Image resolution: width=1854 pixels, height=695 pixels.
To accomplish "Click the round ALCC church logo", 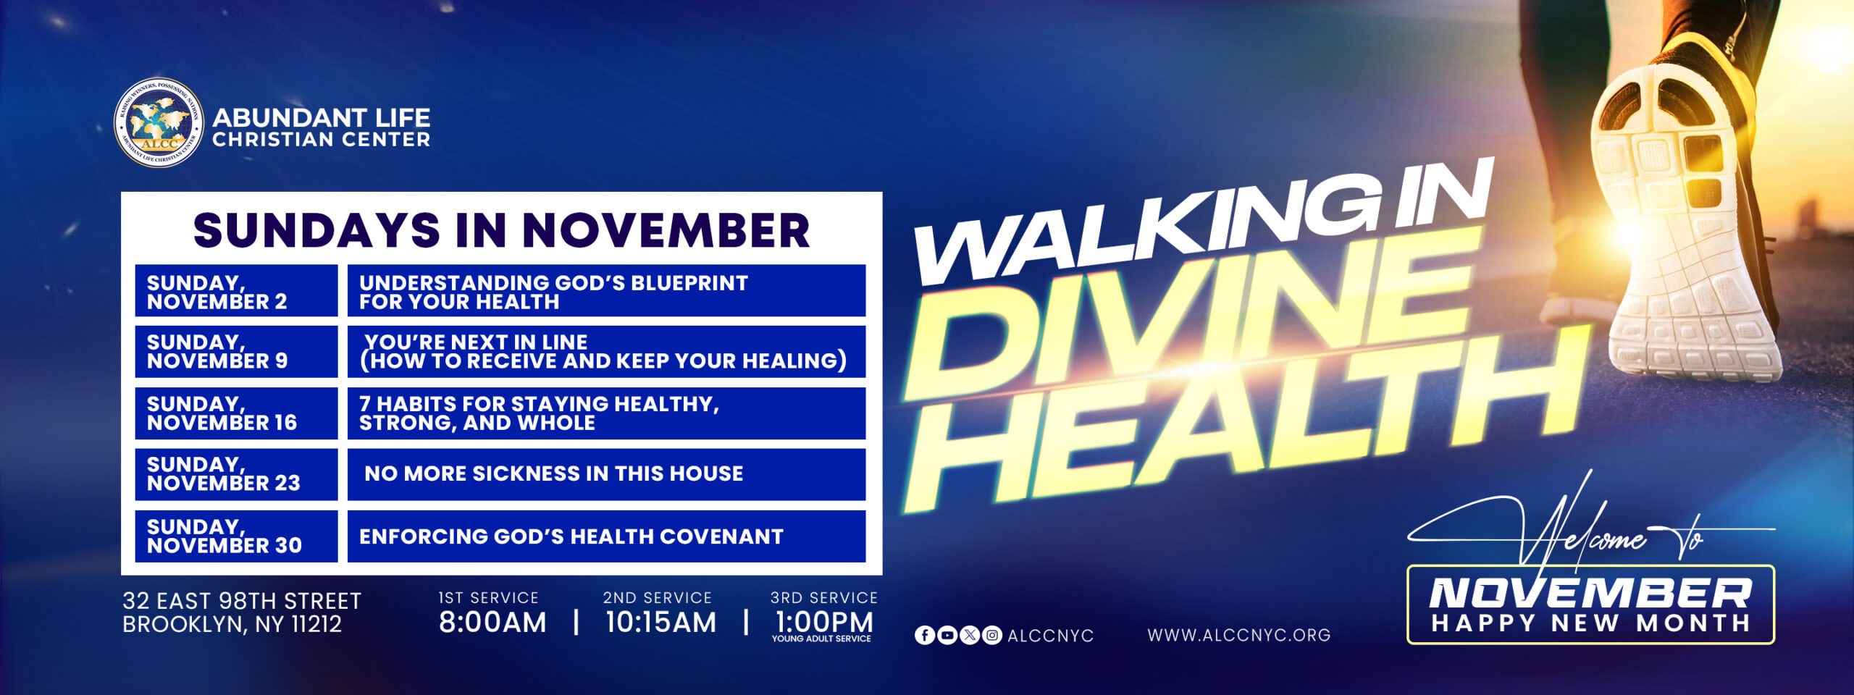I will tap(159, 122).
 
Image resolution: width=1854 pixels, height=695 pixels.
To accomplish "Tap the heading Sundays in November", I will tap(501, 230).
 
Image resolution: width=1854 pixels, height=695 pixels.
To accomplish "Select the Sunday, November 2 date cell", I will tap(236, 291).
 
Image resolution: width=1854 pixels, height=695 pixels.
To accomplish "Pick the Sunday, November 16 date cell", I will tap(236, 413).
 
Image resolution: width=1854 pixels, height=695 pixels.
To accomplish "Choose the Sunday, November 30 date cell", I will tap(236, 536).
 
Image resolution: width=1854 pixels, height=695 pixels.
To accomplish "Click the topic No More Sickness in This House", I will tap(554, 474).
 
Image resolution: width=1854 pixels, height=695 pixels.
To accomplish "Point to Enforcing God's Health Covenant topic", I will tap(571, 536).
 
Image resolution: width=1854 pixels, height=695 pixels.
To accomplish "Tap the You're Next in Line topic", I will tap(604, 352).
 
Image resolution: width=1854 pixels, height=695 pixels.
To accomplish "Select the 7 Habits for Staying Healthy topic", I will tap(539, 413).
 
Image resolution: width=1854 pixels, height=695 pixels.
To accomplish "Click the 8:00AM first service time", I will tap(492, 623).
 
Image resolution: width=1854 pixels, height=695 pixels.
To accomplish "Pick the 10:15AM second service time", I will tap(660, 623).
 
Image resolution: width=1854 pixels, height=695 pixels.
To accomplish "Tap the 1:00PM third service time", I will tap(824, 623).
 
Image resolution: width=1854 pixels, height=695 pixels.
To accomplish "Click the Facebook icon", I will tap(925, 636).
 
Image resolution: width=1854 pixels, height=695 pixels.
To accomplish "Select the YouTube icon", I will tap(947, 636).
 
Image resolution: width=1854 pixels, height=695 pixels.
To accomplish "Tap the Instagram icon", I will tap(992, 636).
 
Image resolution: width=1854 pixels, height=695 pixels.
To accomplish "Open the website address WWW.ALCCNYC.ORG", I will tap(1239, 636).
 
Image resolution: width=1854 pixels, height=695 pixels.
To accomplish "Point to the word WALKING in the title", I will tap(1144, 232).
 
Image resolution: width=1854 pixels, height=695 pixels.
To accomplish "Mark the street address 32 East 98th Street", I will tap(242, 601).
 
